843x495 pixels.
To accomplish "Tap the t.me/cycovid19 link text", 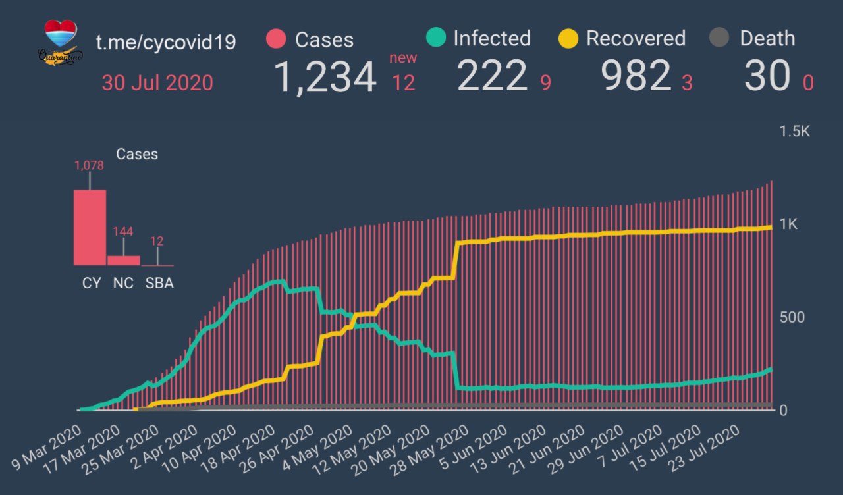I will [x=166, y=42].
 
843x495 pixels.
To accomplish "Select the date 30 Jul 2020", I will [x=157, y=83].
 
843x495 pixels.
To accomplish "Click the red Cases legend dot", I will [x=276, y=39].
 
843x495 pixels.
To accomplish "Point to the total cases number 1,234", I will [x=325, y=77].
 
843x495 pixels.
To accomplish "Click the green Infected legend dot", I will [x=436, y=38].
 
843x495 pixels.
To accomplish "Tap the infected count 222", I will [x=493, y=76].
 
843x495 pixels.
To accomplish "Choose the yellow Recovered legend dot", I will [x=568, y=38].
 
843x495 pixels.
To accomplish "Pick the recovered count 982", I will [x=636, y=76].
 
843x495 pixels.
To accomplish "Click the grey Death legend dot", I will [x=719, y=38].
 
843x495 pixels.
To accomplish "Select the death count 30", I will [x=767, y=76].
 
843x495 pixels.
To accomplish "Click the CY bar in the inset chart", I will [x=90, y=227].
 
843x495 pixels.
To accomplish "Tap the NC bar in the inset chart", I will [x=123, y=260].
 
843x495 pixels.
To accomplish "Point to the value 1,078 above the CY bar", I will [x=90, y=166].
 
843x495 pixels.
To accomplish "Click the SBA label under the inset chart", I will [x=159, y=284].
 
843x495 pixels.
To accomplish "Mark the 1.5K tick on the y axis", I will [x=795, y=132].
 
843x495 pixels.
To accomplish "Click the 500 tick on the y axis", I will [x=792, y=317].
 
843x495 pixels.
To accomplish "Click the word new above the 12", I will [x=403, y=58].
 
